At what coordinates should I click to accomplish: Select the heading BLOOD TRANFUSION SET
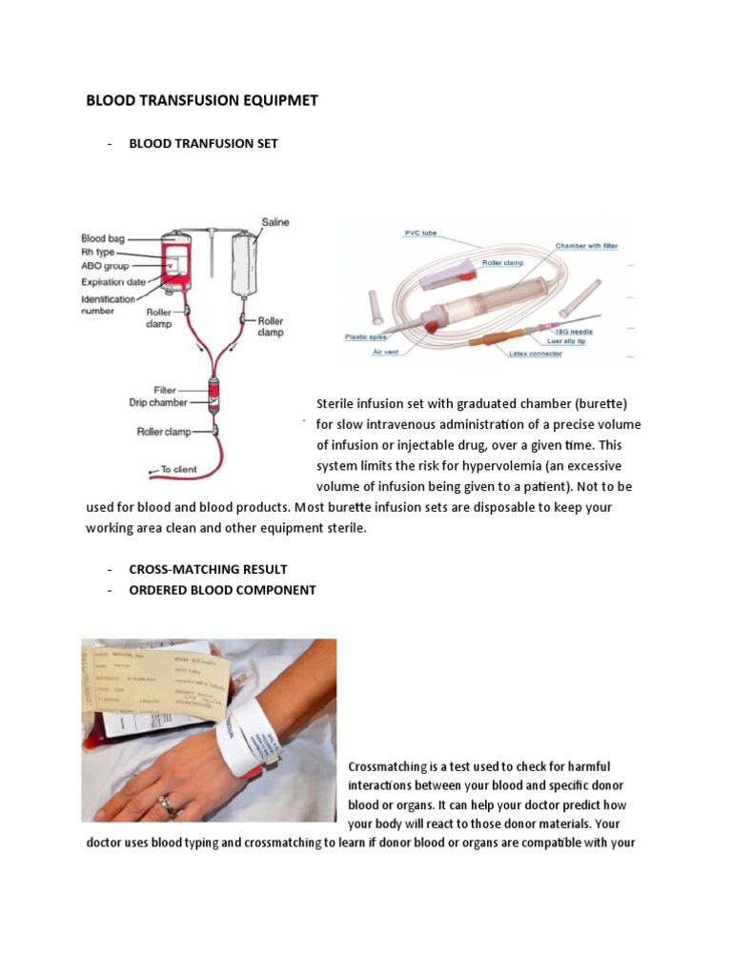[203, 143]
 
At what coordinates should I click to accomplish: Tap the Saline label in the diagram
[275, 222]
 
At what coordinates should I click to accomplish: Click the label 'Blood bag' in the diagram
[106, 238]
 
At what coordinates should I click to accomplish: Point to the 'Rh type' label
[99, 253]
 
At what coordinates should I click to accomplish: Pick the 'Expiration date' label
[113, 282]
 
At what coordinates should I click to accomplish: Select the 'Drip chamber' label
[158, 402]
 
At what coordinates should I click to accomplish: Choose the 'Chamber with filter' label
[586, 246]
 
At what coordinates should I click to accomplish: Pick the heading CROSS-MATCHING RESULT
[208, 569]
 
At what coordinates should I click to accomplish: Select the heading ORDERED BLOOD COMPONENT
[222, 590]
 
